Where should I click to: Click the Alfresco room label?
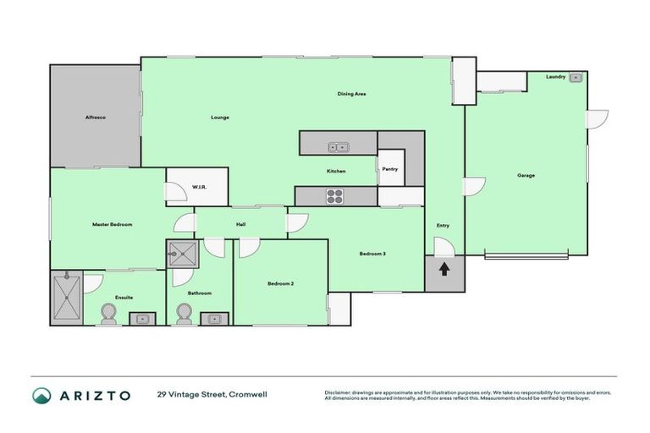click(94, 118)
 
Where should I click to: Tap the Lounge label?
click(220, 118)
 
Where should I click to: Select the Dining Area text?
click(351, 94)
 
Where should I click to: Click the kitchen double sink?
click(339, 147)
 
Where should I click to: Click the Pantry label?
click(389, 169)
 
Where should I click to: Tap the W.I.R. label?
click(200, 187)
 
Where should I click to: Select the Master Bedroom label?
click(112, 224)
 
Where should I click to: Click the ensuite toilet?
click(107, 315)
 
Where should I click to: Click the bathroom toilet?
click(185, 315)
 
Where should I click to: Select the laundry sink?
click(575, 78)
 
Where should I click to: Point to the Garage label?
click(526, 176)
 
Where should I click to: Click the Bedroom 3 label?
click(372, 254)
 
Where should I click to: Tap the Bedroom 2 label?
click(280, 283)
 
